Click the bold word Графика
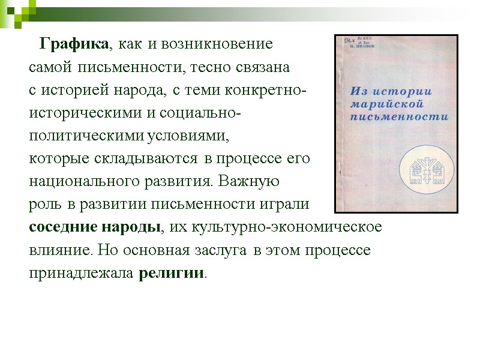point(74,44)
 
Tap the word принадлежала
point(82,273)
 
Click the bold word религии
point(172,273)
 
